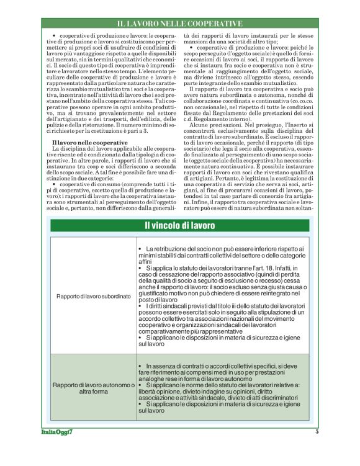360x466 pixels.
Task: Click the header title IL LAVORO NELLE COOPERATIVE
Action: [180, 24]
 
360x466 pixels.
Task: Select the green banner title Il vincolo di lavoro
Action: [180, 225]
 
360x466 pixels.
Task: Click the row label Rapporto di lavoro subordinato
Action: [93, 297]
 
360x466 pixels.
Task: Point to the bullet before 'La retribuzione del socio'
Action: [140, 249]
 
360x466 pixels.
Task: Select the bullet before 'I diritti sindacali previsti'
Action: [140, 307]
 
